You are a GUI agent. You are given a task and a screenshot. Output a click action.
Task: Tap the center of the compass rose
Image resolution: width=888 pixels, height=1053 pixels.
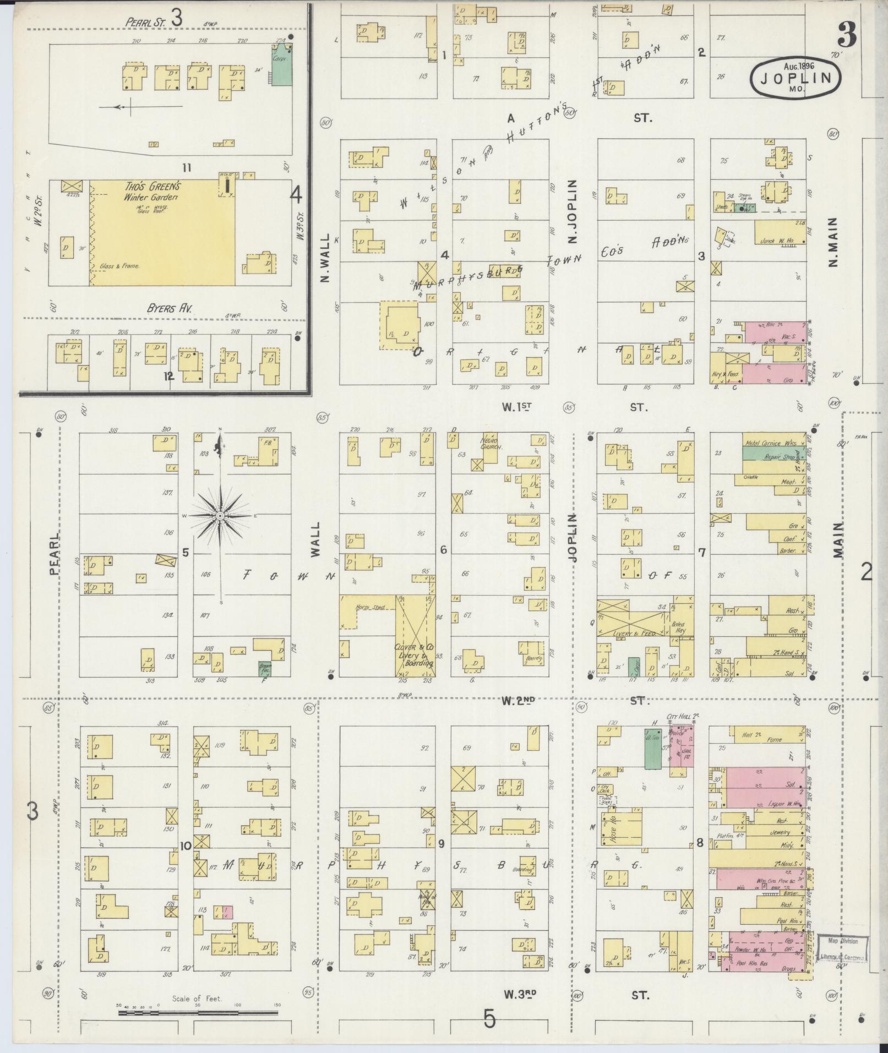coord(220,515)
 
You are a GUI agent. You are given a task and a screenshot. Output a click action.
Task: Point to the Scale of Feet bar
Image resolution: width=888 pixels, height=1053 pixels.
coord(197,1012)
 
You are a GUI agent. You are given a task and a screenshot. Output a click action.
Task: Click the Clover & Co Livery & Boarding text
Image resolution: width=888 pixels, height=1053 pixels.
coord(414,655)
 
